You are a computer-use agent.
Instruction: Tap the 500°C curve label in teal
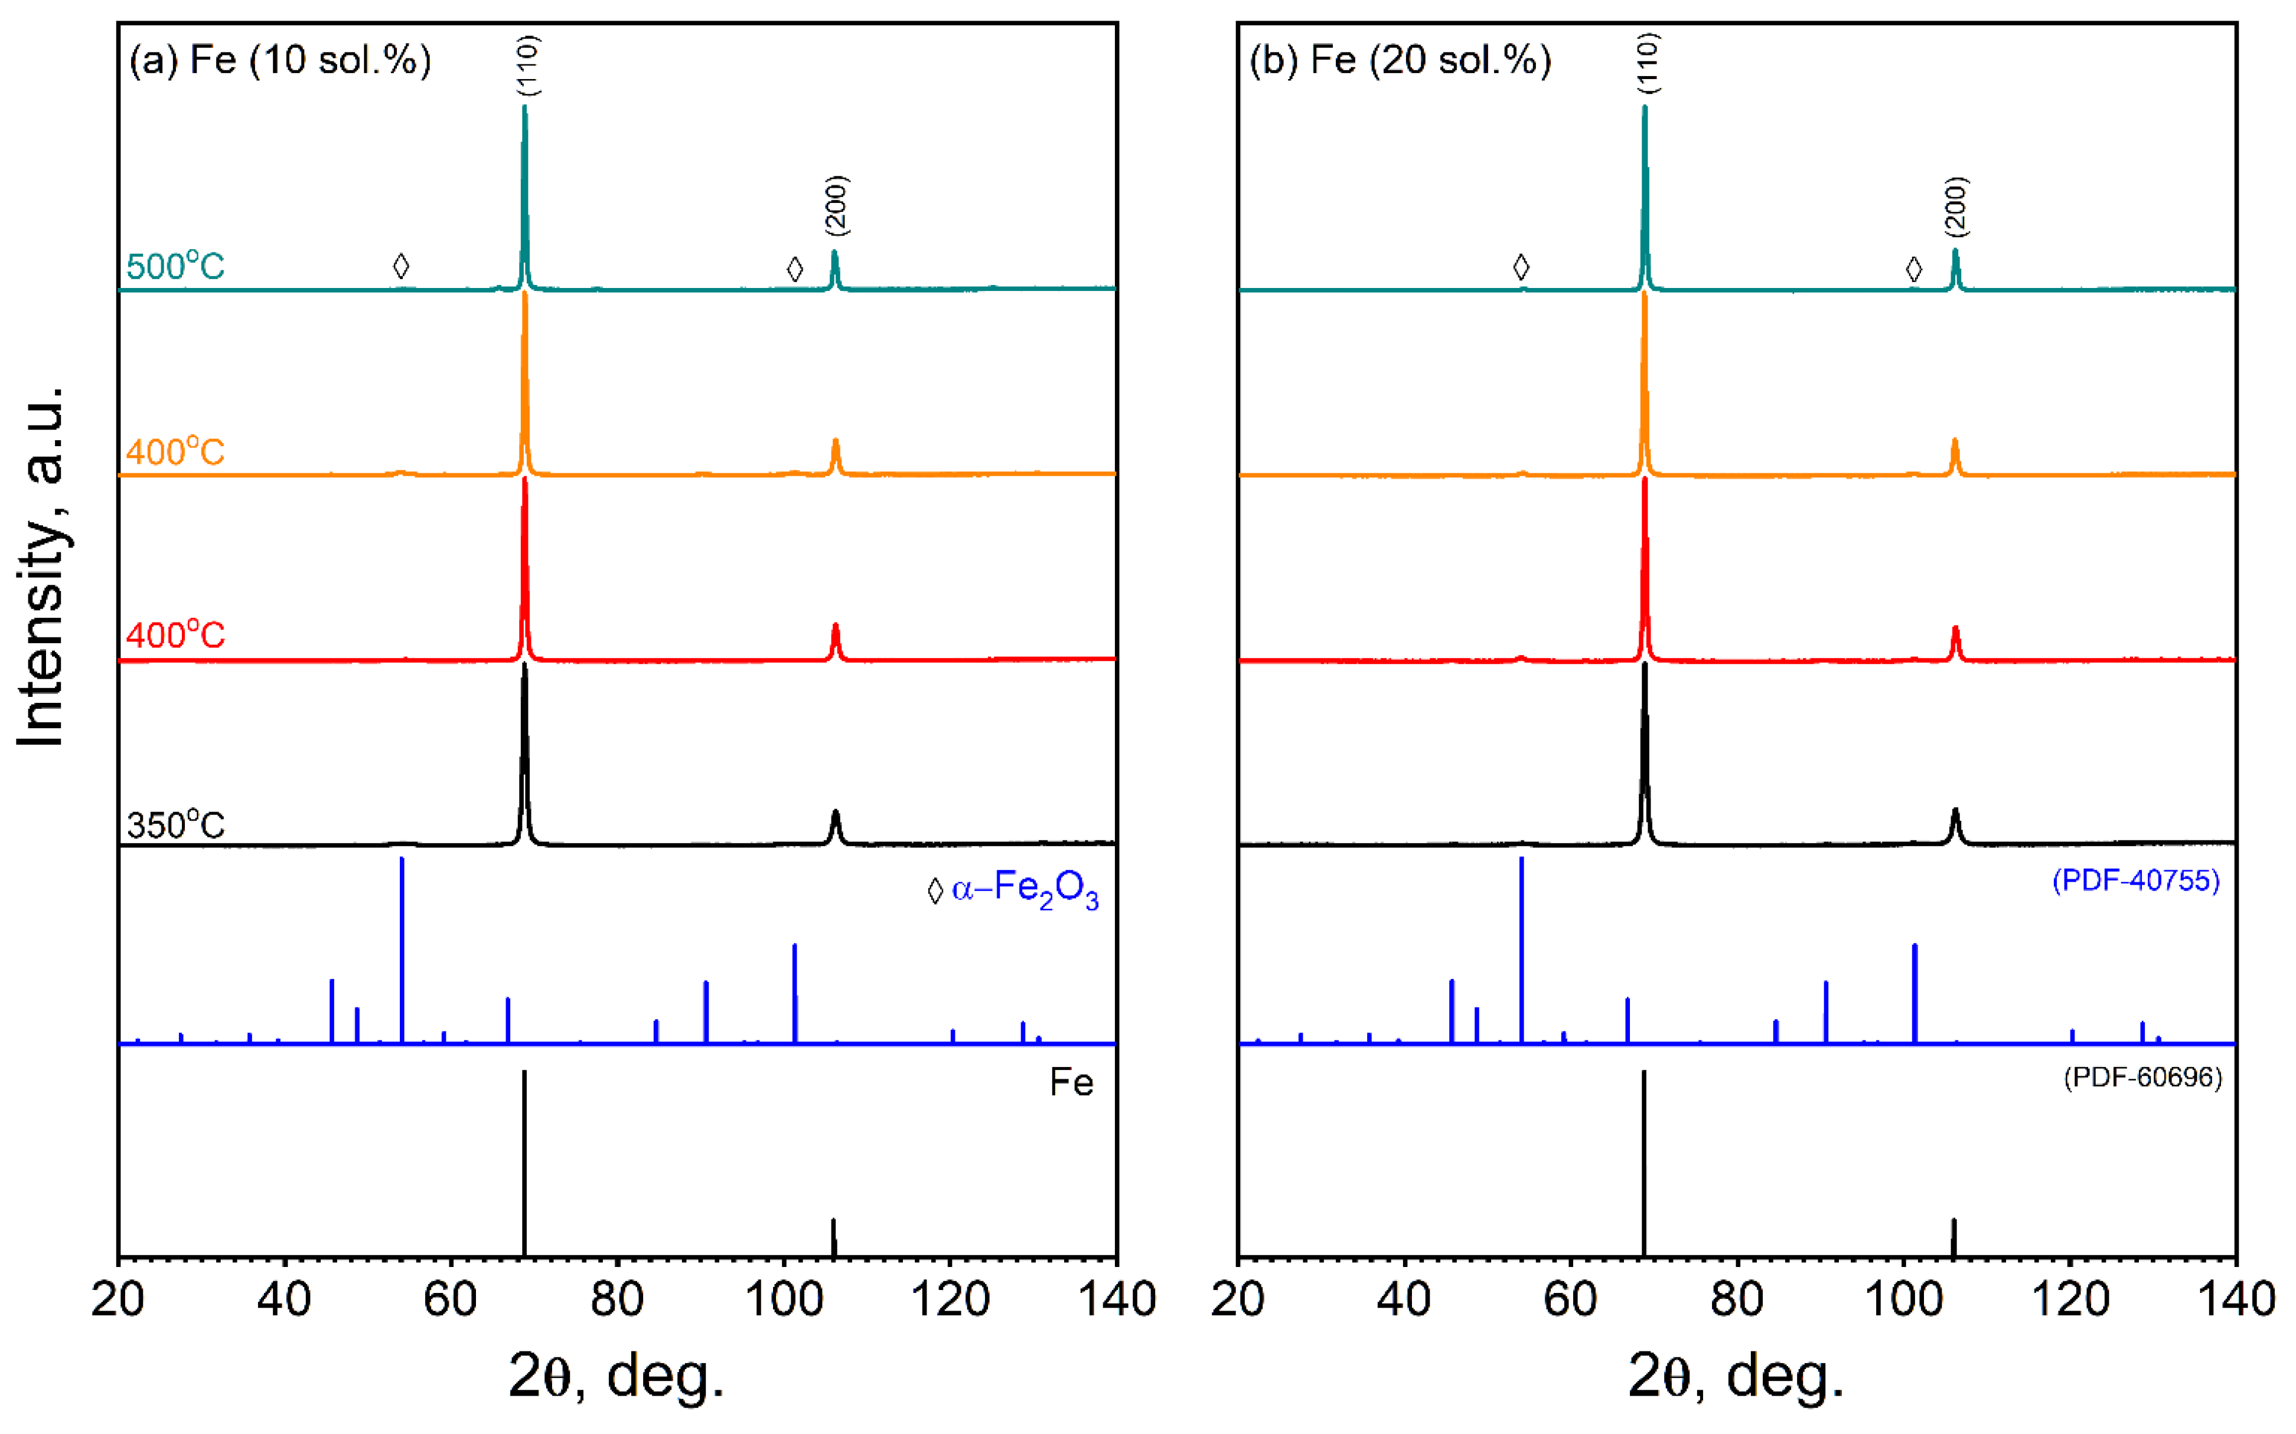pyautogui.click(x=175, y=267)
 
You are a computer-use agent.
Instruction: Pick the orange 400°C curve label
pyautogui.click(x=175, y=451)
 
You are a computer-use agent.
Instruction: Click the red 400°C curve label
pyautogui.click(x=175, y=634)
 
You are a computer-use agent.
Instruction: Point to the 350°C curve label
pyautogui.click(x=175, y=825)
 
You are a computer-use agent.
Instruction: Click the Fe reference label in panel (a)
pyautogui.click(x=1071, y=1083)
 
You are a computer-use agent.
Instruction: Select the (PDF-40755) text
pyautogui.click(x=2135, y=881)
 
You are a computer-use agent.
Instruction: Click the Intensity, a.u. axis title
pyautogui.click(x=42, y=566)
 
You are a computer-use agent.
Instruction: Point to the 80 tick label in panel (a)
pyautogui.click(x=618, y=1300)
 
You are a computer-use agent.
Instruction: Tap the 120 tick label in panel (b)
pyautogui.click(x=2070, y=1300)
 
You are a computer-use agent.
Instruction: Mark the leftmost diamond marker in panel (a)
pyautogui.click(x=402, y=267)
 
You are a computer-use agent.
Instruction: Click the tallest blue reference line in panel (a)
pyautogui.click(x=402, y=948)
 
